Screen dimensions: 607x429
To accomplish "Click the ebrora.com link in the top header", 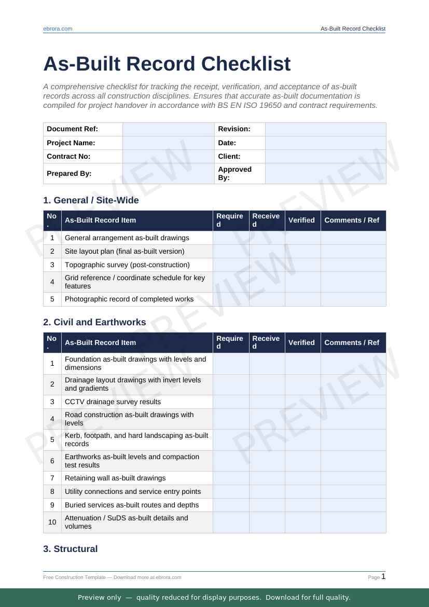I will [x=58, y=29].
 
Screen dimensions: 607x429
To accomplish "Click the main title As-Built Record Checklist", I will [x=167, y=64].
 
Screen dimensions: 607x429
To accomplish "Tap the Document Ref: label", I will [x=72, y=129].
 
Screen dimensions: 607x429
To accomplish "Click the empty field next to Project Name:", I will [x=168, y=143].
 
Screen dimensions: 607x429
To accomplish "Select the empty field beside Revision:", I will [x=325, y=129].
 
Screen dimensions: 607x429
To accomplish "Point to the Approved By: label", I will [x=234, y=173].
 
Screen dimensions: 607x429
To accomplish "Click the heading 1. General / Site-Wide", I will [x=91, y=200].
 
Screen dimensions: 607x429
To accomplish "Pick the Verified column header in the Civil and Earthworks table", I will [x=301, y=342].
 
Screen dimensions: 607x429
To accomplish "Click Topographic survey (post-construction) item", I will [x=127, y=265].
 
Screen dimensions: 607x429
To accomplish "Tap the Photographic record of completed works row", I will [x=129, y=299].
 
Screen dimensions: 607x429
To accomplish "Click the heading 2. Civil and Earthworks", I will [x=94, y=322].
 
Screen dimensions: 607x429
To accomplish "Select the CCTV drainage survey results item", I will [x=113, y=402].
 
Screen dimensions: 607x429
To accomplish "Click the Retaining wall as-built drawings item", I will [x=115, y=478].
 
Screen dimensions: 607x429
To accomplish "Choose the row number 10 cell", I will [x=52, y=522].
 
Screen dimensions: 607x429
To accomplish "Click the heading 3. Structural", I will [x=70, y=549].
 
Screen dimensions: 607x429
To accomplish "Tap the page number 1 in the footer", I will [x=383, y=576].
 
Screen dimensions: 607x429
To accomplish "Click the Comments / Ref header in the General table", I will [x=352, y=220].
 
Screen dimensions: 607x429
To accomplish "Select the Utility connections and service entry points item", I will [x=132, y=491].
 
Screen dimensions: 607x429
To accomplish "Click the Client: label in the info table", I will [x=229, y=156].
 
